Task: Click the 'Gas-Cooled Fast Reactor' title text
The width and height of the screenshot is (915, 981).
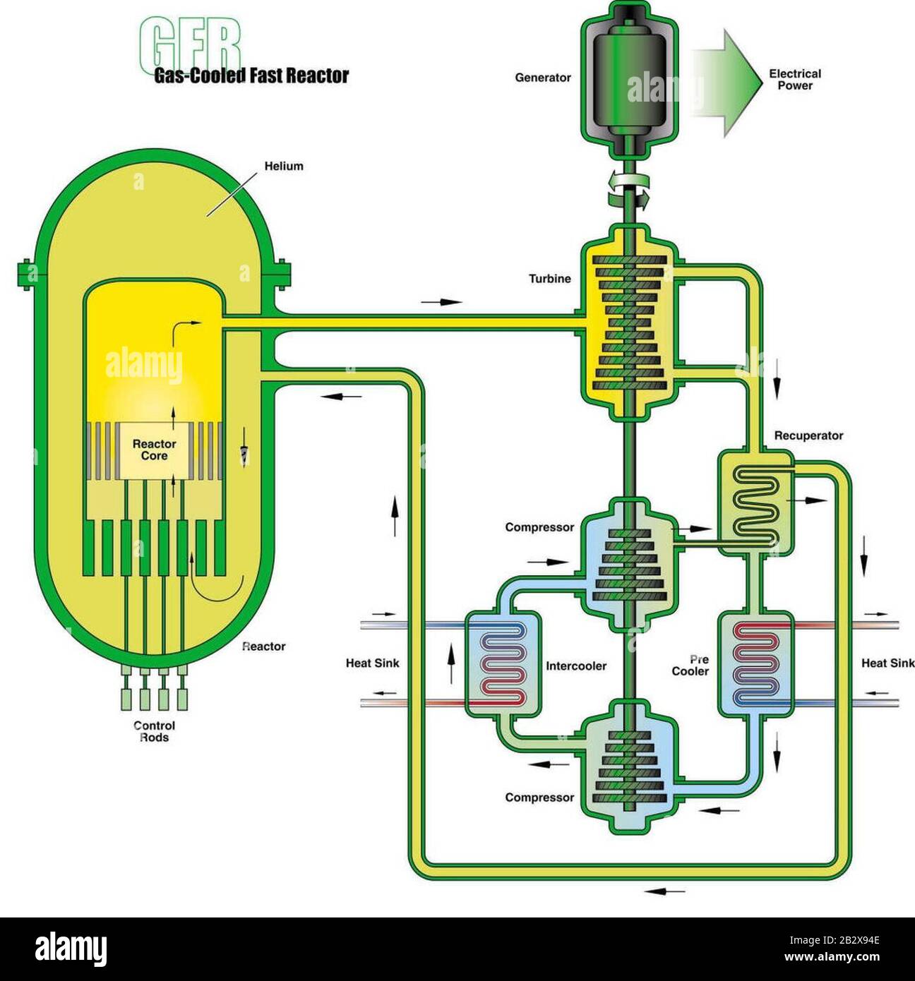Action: pyautogui.click(x=251, y=76)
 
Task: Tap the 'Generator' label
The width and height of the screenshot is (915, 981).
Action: pyautogui.click(x=542, y=78)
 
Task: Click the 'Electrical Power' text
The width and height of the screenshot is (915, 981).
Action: pyautogui.click(x=795, y=79)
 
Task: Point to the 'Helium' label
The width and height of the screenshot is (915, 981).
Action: pyautogui.click(x=284, y=167)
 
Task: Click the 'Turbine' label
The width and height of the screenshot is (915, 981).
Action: pyautogui.click(x=549, y=279)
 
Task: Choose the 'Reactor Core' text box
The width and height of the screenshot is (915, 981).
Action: pyautogui.click(x=155, y=450)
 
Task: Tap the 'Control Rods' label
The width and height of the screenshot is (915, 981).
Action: pyautogui.click(x=154, y=731)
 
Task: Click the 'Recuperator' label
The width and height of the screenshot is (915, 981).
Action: pyautogui.click(x=808, y=435)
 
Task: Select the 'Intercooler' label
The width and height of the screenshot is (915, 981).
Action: pyautogui.click(x=576, y=666)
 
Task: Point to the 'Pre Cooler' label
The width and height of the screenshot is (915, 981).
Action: pyautogui.click(x=690, y=666)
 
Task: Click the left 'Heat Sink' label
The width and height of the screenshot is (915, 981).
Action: pyautogui.click(x=372, y=663)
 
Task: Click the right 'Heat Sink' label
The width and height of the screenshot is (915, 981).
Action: pyautogui.click(x=887, y=663)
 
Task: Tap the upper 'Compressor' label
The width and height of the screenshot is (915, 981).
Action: pyautogui.click(x=539, y=527)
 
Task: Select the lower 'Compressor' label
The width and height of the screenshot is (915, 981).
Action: pyautogui.click(x=539, y=798)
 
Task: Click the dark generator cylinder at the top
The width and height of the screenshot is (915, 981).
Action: pyautogui.click(x=628, y=78)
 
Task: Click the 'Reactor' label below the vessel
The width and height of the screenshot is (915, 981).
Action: pyautogui.click(x=263, y=646)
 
